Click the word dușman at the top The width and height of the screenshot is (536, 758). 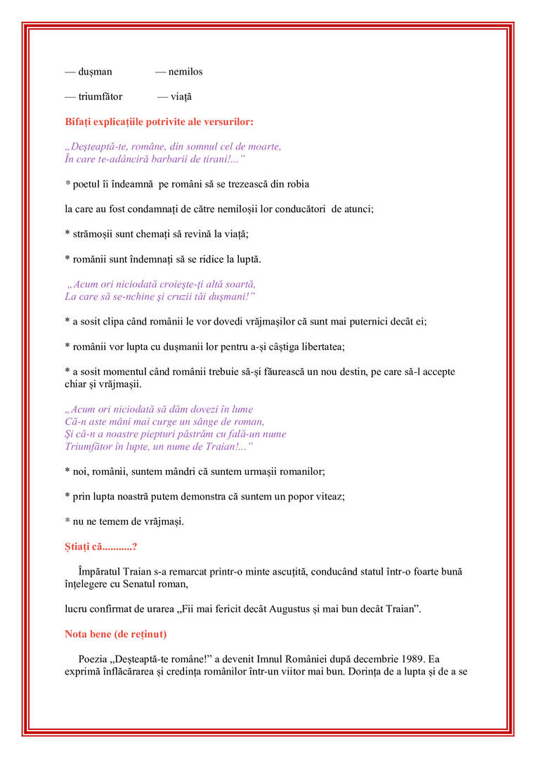click(x=95, y=72)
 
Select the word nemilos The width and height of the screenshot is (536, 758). click(x=185, y=72)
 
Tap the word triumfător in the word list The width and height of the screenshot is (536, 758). click(x=100, y=96)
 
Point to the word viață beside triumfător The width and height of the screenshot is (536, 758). click(x=181, y=96)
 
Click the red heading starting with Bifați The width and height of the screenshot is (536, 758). click(x=159, y=122)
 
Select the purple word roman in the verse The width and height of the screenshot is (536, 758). click(x=249, y=422)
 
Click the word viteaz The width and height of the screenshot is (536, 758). click(x=328, y=496)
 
